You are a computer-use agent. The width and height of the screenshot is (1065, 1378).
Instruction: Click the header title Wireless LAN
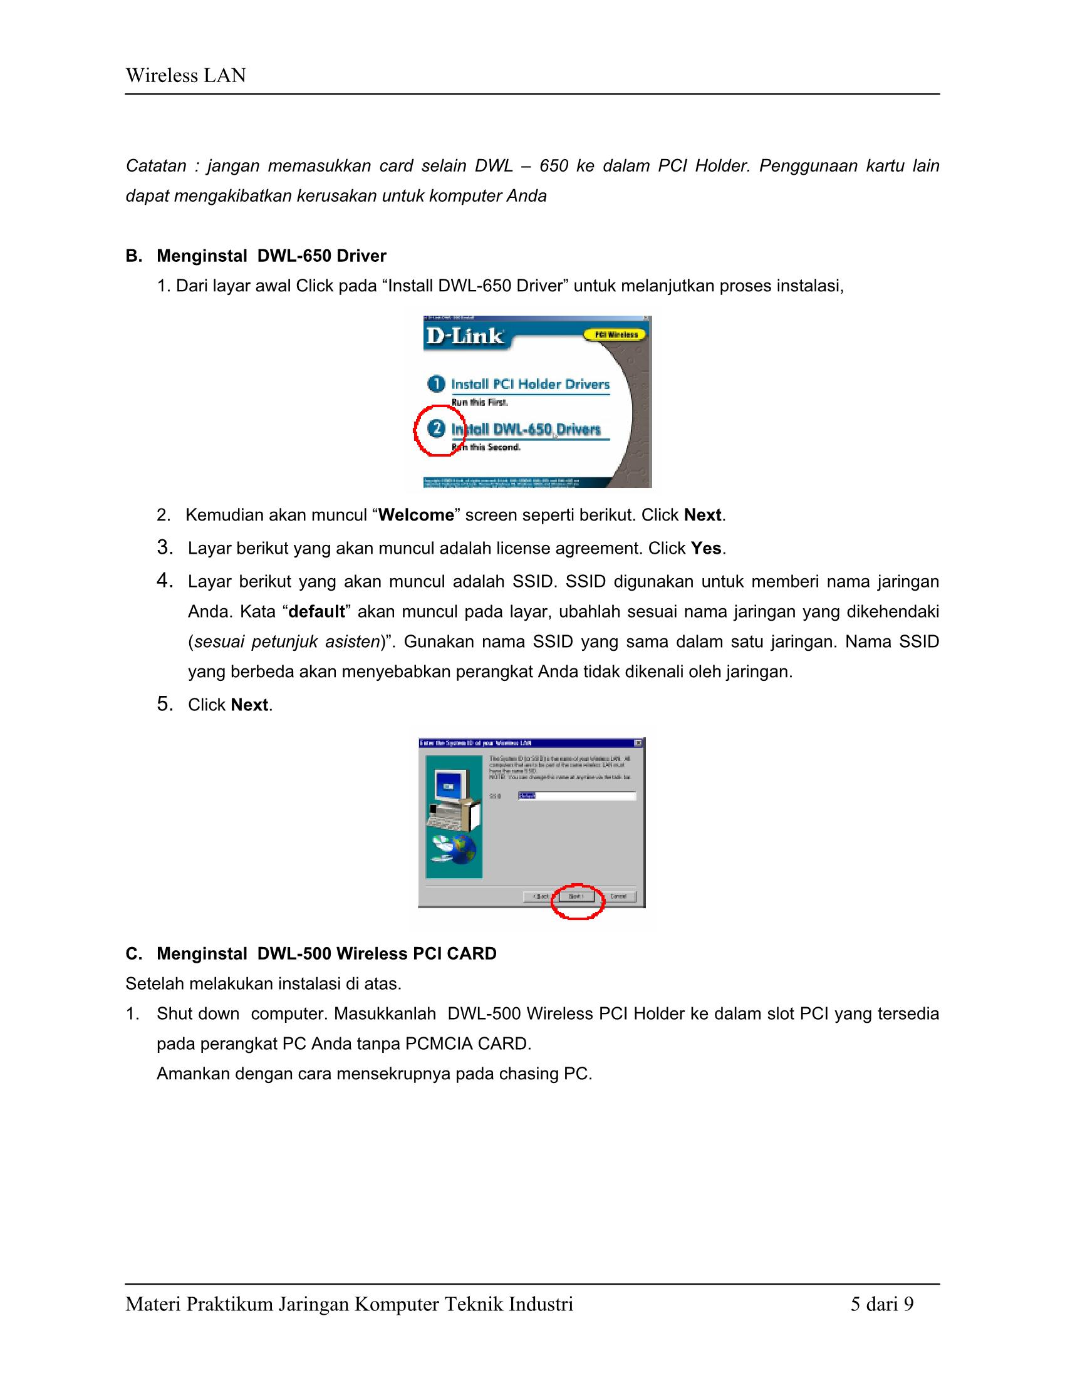185,76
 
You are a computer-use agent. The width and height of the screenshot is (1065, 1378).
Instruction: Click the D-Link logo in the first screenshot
465,336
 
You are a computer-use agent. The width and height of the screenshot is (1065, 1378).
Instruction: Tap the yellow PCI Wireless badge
611,334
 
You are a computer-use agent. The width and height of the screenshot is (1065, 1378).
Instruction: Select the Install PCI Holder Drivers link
530,384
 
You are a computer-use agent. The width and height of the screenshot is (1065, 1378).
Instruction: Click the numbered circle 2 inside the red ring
436,429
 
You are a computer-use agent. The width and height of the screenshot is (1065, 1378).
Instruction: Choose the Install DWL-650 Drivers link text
526,430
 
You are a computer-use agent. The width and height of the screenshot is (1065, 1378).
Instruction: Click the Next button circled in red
576,896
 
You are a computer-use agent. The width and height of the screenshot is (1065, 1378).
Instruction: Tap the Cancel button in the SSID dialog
618,896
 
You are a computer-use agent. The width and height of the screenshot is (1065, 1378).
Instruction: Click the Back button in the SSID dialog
540,896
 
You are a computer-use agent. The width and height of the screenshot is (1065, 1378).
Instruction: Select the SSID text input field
576,795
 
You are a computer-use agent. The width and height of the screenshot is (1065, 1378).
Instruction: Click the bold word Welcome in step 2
416,515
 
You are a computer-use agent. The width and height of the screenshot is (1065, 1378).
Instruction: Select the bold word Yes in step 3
706,548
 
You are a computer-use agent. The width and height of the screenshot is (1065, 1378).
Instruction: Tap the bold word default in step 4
316,611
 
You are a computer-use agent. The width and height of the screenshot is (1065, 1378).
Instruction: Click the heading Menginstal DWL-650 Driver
271,256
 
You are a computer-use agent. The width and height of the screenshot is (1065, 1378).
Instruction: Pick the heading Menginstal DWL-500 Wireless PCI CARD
326,953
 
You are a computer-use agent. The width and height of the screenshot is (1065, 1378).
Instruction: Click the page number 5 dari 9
881,1303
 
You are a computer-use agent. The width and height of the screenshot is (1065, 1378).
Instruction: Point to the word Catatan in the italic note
156,166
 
